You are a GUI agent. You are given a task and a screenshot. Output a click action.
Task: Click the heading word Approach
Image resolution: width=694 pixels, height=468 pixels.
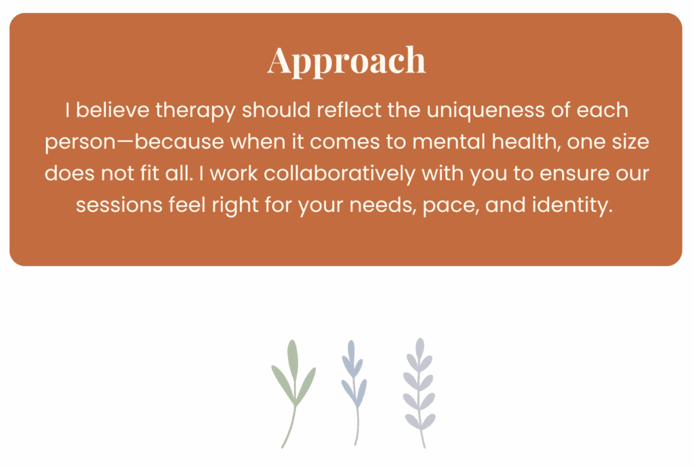pos(346,61)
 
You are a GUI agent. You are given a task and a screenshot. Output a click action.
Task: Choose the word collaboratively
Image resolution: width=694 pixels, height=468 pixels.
pos(340,173)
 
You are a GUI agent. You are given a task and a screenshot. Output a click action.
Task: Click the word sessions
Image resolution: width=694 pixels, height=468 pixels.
pos(119,205)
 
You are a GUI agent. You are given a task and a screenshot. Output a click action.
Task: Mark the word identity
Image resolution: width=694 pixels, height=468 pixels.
pos(572,206)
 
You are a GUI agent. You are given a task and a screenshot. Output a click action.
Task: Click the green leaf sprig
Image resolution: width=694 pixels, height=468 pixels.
pos(293,393)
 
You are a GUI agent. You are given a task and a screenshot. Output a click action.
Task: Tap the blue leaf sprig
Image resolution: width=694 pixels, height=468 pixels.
pos(354,392)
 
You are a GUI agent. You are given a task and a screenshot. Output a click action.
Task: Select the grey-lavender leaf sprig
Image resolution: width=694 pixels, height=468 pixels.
pos(419,392)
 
